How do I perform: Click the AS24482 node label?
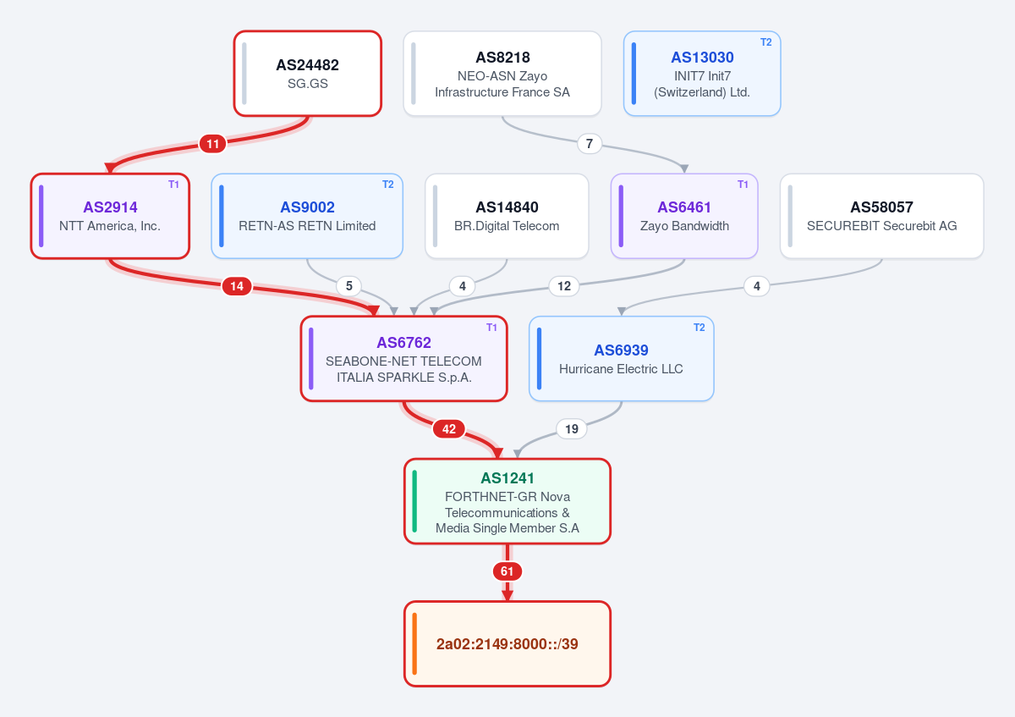click(307, 65)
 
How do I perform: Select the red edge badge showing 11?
click(212, 144)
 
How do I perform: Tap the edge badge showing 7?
click(589, 144)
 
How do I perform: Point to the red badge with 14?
click(237, 286)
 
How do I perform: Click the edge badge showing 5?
click(348, 286)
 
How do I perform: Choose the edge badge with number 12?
click(563, 286)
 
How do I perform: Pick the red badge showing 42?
click(448, 428)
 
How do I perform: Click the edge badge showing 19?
click(572, 428)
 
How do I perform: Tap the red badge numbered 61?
click(507, 571)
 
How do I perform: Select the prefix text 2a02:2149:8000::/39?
click(507, 643)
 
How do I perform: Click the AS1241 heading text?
click(507, 478)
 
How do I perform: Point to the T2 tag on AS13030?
click(765, 42)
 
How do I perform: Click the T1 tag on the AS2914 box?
click(173, 185)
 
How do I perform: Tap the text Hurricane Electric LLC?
click(621, 369)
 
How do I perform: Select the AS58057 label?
click(881, 207)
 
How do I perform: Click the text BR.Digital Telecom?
click(507, 226)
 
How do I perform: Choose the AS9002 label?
click(307, 207)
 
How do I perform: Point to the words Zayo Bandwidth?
click(684, 226)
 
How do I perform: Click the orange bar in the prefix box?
click(414, 644)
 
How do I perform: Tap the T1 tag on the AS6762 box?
click(491, 328)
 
